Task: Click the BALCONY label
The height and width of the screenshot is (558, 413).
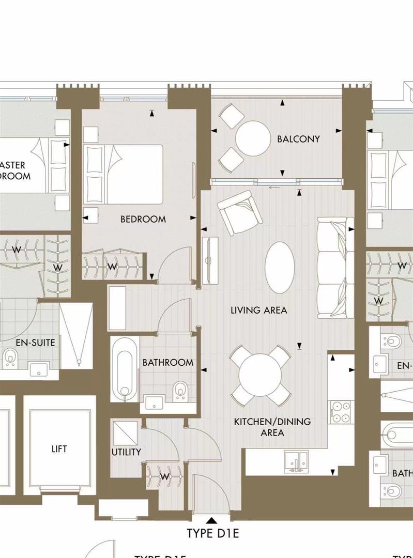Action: [298, 139]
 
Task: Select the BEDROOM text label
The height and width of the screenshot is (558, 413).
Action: [143, 219]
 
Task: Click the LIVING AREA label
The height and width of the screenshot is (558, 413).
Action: [258, 310]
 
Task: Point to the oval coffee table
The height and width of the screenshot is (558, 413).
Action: [280, 267]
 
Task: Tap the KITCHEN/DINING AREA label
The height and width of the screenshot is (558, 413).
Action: [272, 427]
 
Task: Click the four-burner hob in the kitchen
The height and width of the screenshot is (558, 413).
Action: [341, 412]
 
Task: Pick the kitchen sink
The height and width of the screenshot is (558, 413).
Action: [296, 461]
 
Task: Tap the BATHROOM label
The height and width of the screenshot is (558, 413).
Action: [168, 363]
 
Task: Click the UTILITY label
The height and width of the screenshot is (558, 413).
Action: [126, 452]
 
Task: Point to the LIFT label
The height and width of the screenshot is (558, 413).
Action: [59, 449]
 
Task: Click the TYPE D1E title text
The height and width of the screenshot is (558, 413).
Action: [213, 534]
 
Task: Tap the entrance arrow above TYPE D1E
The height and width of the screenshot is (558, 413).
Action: [211, 520]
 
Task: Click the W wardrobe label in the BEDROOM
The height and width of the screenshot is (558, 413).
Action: [113, 267]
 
